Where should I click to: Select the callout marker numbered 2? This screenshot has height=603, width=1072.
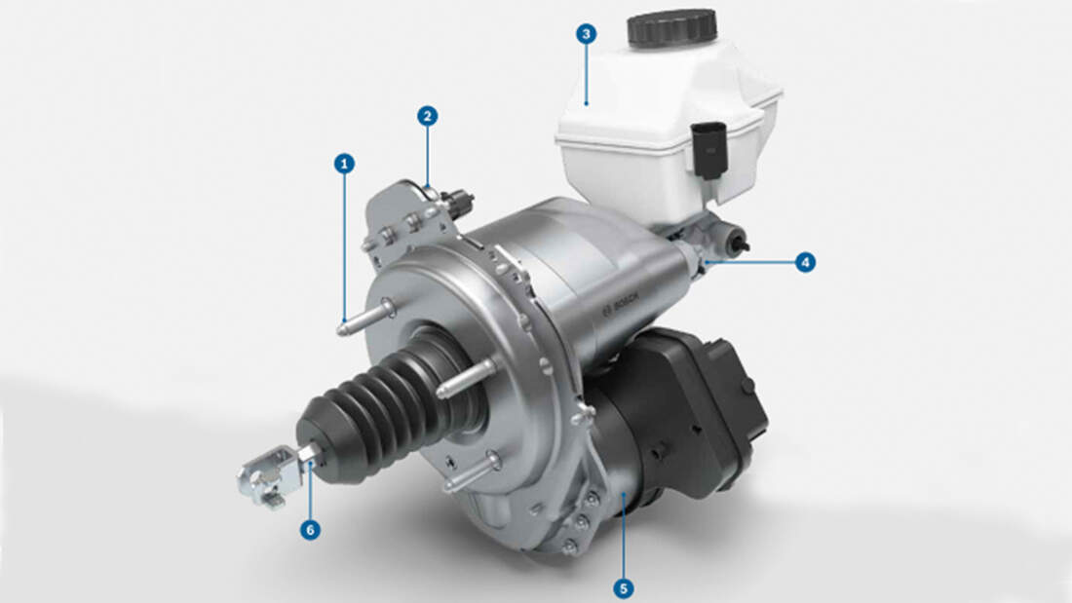[x=427, y=116]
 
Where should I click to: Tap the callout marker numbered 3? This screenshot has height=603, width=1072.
[x=585, y=34]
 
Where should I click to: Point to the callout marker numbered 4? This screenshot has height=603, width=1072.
[x=804, y=262]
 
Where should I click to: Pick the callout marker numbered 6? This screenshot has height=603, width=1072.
[x=310, y=529]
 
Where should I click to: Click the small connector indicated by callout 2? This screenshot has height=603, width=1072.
[x=456, y=202]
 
